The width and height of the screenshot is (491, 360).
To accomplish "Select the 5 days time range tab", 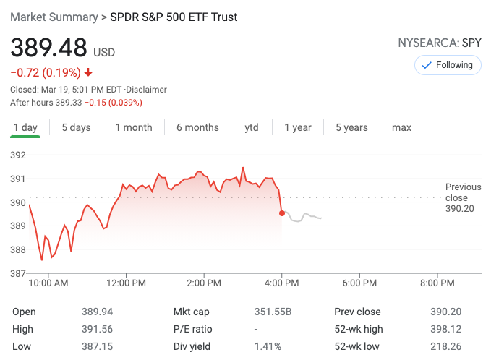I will (76, 127).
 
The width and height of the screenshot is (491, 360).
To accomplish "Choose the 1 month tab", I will (134, 127).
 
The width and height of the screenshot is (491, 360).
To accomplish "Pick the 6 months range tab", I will (197, 127).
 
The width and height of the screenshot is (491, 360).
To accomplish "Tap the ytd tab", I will (252, 127).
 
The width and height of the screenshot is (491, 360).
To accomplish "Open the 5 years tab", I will (351, 127).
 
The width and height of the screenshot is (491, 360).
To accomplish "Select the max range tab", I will (401, 127).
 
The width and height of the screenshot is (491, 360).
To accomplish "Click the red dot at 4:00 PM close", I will (281, 213).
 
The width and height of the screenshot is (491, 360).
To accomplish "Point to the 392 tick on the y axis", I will (17, 155).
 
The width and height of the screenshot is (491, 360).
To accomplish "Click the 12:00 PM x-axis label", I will (127, 283).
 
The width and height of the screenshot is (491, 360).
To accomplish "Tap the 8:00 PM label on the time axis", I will (437, 283).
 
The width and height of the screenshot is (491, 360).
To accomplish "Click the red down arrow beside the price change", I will (88, 72).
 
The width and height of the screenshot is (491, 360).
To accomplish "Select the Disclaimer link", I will (147, 90).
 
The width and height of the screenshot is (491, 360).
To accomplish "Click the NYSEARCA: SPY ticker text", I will (439, 43).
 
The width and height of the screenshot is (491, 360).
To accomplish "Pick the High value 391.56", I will (97, 329).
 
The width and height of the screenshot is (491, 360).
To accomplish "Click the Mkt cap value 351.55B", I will (272, 312).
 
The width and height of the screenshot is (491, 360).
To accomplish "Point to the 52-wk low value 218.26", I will (445, 346).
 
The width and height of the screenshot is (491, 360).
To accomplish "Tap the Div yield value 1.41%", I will (268, 346).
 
